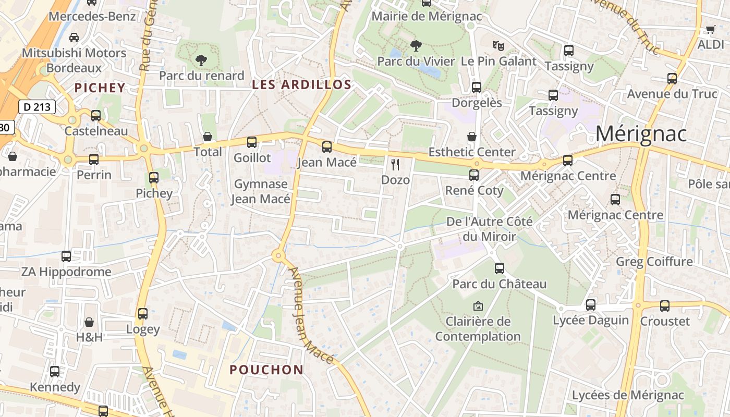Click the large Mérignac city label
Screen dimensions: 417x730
pos(641,134)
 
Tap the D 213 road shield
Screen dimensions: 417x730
pos(37,107)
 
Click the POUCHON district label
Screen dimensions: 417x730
pos(266,370)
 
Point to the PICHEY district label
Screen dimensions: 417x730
pos(100,88)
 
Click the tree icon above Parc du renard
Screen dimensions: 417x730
pos(201,60)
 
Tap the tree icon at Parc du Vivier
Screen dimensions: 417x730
pos(416,46)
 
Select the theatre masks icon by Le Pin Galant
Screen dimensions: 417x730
pos(498,46)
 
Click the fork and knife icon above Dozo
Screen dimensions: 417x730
pos(395,165)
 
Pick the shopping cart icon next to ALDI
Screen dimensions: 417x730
pos(710,29)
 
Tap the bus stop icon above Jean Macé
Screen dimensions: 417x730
pos(327,147)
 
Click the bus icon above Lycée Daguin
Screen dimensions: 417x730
pos(591,304)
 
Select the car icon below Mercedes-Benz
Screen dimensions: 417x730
pos(74,37)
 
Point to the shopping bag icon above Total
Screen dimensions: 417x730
pos(208,137)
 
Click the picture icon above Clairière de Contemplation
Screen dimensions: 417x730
pos(478,306)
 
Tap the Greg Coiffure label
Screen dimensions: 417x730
pos(654,261)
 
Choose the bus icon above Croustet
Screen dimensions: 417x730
pos(665,305)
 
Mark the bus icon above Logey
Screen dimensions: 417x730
pos(143,314)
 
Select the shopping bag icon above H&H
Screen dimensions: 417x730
pos(89,322)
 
